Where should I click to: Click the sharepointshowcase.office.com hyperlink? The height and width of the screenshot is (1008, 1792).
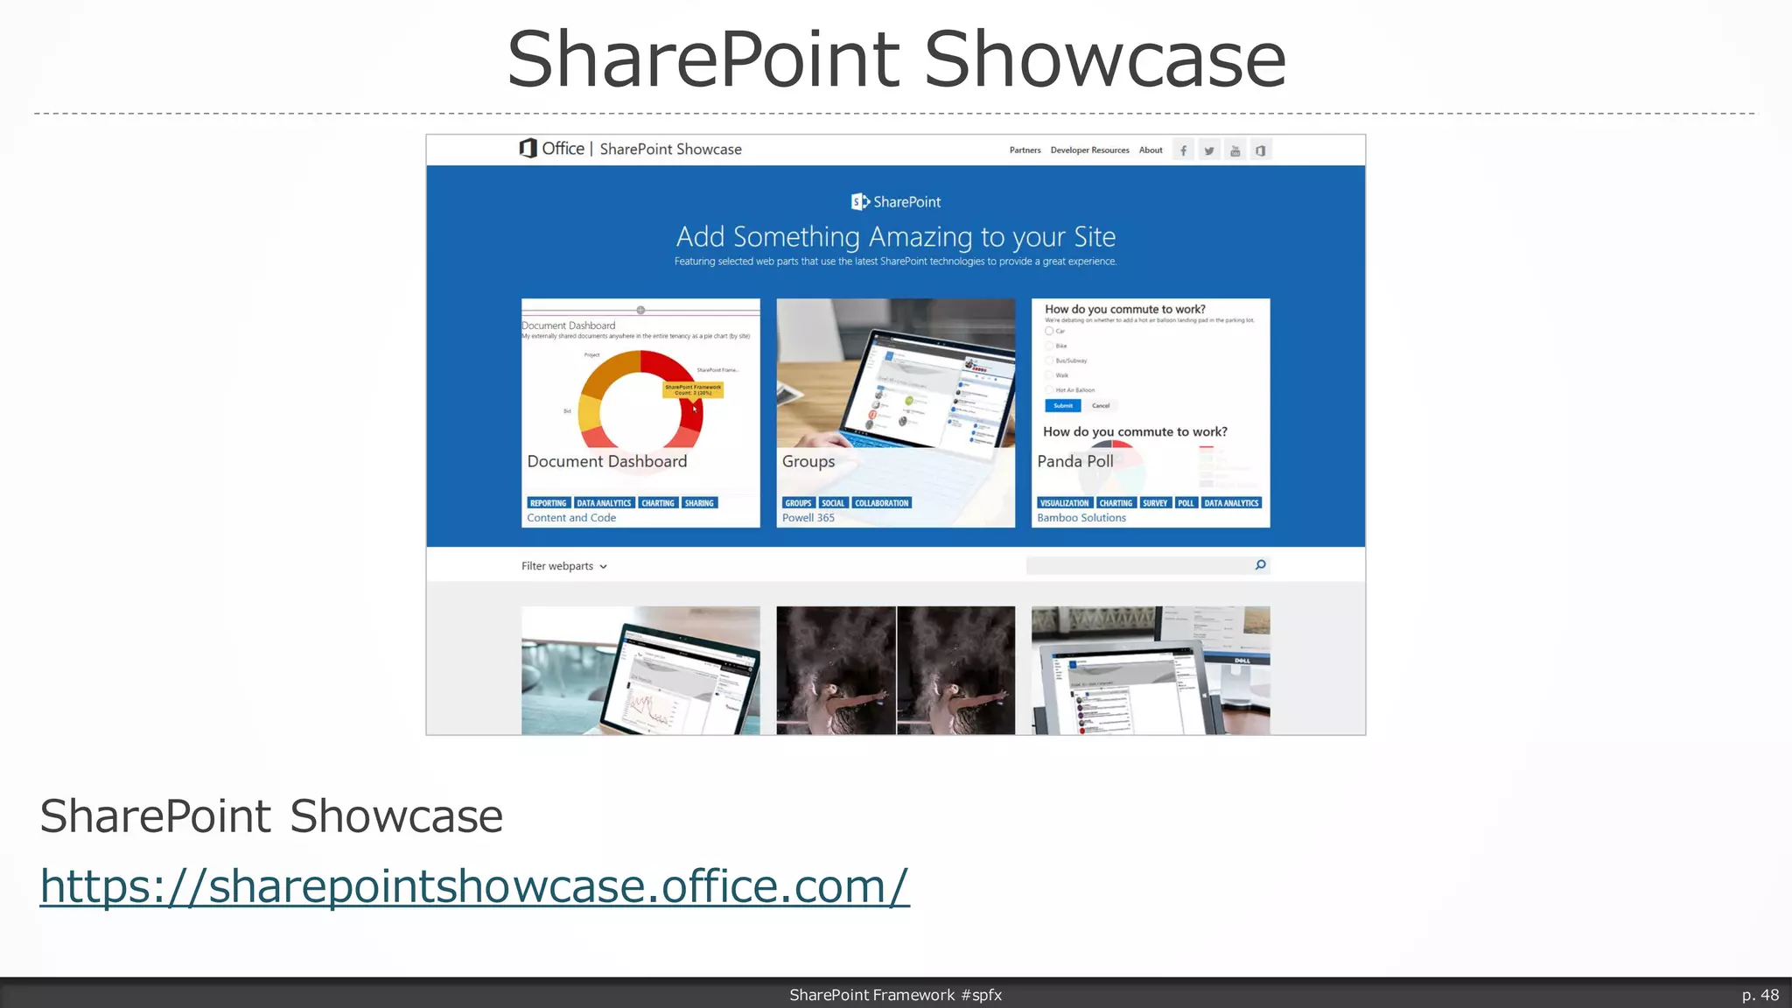pos(474,886)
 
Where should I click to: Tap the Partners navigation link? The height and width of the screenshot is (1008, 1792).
pos(1025,150)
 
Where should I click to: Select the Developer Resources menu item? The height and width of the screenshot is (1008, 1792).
pos(1089,150)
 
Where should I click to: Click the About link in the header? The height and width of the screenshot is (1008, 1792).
pos(1151,150)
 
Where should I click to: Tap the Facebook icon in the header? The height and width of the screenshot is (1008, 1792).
pos(1183,150)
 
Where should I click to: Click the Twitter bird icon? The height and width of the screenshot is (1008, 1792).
pos(1208,150)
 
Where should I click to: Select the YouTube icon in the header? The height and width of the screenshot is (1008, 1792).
pos(1235,150)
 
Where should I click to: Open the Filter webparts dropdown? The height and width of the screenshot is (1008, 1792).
pos(564,566)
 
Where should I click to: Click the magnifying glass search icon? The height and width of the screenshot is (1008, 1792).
pos(1260,565)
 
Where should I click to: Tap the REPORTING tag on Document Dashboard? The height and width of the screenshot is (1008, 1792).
pos(549,503)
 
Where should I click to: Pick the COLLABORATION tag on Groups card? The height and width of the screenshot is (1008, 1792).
pos(881,503)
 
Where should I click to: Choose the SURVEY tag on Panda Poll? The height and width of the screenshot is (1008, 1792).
pos(1155,503)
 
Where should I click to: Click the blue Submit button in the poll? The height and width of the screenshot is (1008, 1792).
pos(1063,406)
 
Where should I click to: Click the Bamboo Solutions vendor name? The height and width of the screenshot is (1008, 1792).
pos(1081,518)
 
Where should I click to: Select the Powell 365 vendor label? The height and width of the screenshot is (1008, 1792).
pos(808,518)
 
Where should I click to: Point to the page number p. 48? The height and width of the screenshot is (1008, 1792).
pos(1760,995)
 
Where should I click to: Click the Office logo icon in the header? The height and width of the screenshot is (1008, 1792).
pos(528,149)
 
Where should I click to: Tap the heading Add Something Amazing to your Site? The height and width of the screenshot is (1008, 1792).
pos(896,237)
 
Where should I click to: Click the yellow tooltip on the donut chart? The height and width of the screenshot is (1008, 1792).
pos(693,389)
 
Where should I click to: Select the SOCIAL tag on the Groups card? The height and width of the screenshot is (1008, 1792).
pos(833,503)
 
